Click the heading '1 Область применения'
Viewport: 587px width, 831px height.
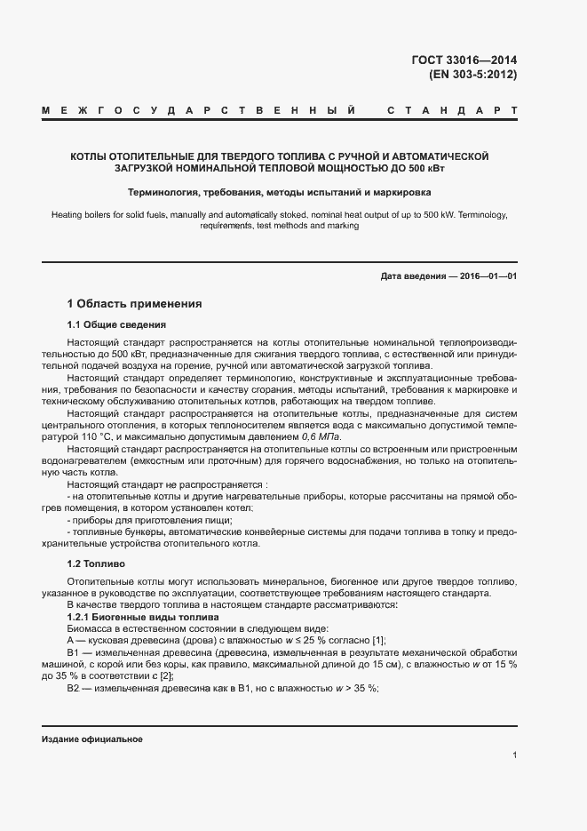click(135, 304)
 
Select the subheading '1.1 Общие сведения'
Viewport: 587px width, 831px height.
click(117, 324)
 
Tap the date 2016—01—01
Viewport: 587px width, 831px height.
click(486, 276)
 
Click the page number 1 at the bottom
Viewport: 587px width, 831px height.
click(515, 755)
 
